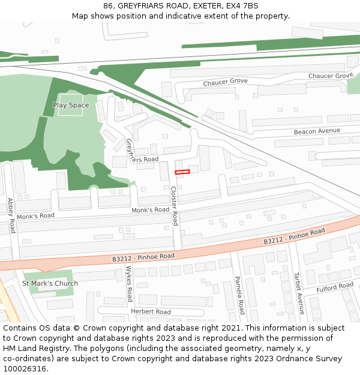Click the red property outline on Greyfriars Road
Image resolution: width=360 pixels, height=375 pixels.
point(182,172)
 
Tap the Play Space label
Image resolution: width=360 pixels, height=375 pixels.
point(71,106)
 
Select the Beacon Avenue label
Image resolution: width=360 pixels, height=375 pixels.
point(317,131)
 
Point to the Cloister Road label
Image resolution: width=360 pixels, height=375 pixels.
point(174,206)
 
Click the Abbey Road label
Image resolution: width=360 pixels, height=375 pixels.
point(11,216)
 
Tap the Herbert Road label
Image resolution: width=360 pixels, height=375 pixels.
point(151,312)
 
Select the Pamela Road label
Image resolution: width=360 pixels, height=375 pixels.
point(238,295)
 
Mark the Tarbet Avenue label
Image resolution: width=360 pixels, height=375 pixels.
point(298,293)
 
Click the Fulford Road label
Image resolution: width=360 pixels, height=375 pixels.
point(335,287)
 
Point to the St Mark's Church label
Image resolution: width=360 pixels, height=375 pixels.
point(50,284)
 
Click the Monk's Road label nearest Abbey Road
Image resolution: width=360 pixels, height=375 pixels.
point(35,216)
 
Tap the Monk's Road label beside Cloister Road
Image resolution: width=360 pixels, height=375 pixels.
point(151,210)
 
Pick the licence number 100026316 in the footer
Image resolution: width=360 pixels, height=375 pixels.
point(23,369)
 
